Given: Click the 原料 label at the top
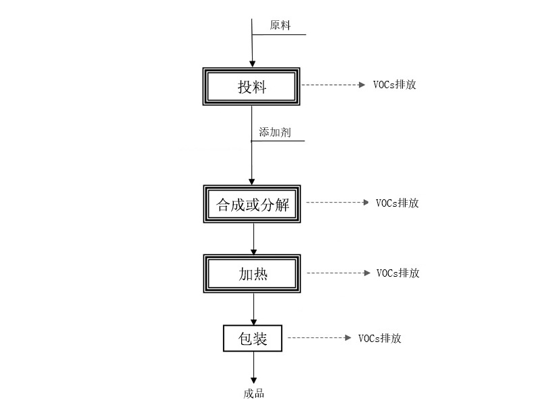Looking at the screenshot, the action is (280, 25).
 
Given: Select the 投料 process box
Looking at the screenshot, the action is (251, 87).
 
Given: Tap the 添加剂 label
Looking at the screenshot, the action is (275, 132).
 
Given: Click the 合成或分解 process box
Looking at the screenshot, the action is (252, 204).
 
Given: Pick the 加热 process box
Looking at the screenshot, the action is (252, 274).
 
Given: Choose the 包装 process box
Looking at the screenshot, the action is (253, 339).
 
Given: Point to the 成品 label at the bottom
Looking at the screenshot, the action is (254, 394).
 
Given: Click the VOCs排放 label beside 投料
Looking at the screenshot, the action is (395, 85).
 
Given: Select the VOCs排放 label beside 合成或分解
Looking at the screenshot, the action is (397, 203).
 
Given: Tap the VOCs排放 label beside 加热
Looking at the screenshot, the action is (398, 273).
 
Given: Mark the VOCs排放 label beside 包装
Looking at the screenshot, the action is (379, 339).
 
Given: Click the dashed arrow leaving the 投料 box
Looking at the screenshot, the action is (333, 85).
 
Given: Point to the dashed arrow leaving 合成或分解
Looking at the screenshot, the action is (338, 203).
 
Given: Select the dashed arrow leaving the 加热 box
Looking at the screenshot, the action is (339, 273).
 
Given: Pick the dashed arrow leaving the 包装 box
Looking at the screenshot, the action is (319, 338).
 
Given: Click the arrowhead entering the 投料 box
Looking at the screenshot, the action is (252, 64).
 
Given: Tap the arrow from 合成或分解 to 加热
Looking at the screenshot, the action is (254, 239).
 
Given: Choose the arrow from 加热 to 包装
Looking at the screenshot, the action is (254, 309).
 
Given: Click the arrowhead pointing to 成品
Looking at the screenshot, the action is (254, 380).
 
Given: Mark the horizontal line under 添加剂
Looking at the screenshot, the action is (278, 141).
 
